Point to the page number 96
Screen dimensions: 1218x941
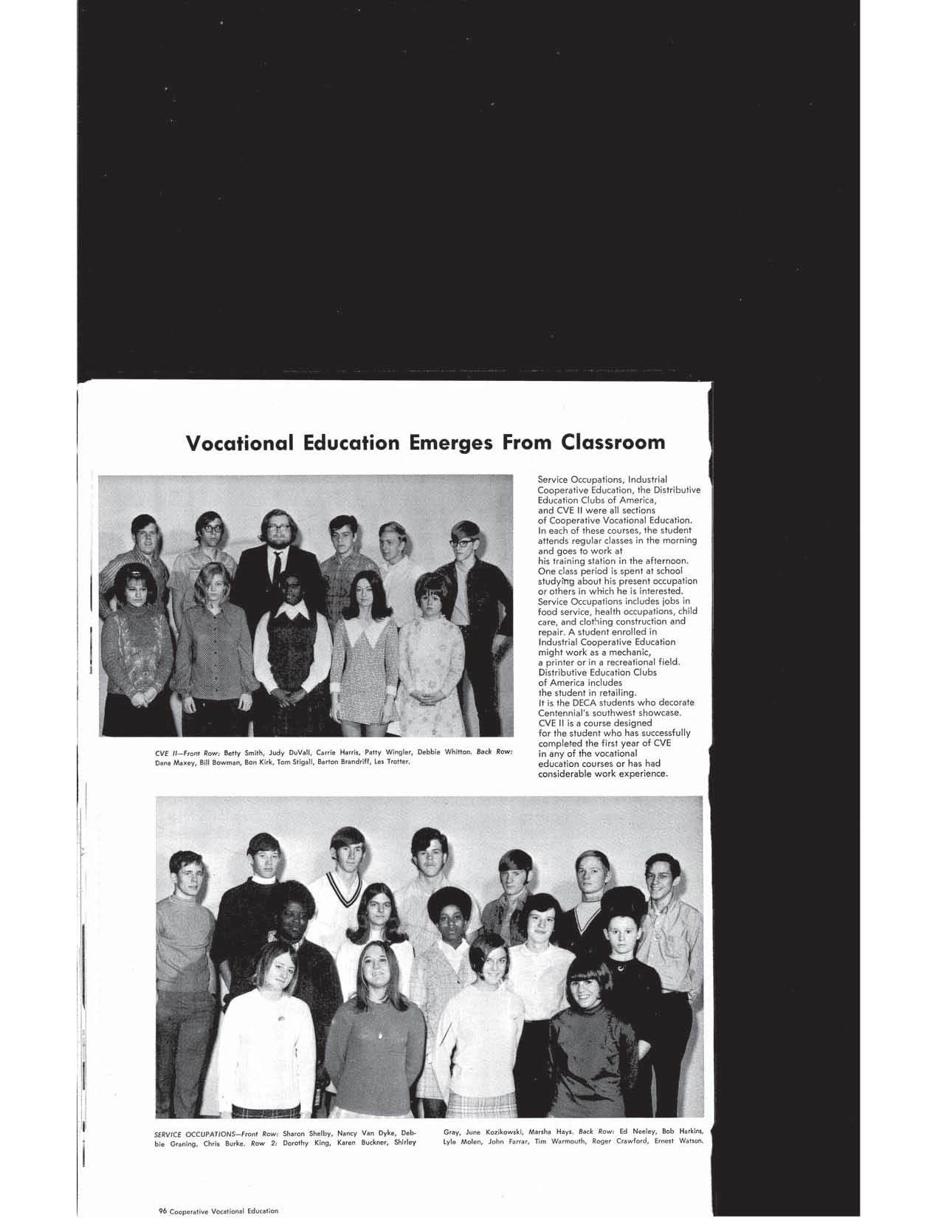163,1211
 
